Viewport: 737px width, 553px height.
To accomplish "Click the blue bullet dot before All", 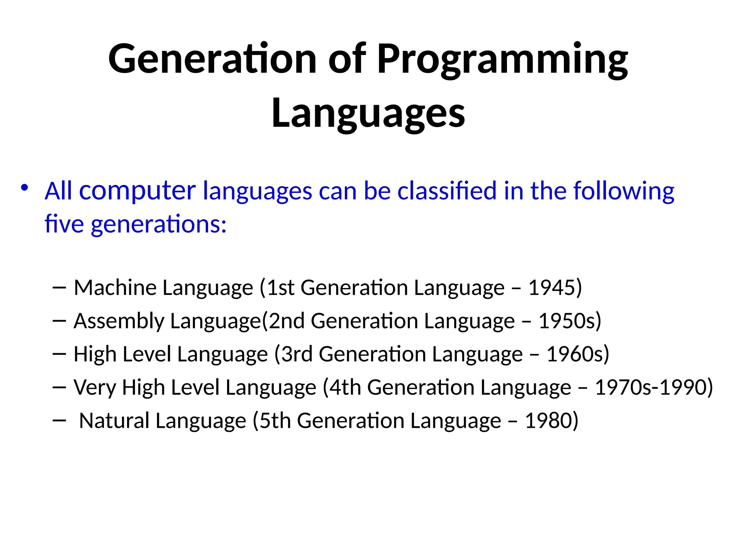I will pyautogui.click(x=24, y=188).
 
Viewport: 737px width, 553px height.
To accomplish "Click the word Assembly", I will pyautogui.click(x=119, y=321).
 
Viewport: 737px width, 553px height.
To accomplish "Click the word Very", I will pyautogui.click(x=95, y=388).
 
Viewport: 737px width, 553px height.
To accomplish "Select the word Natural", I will pyautogui.click(x=114, y=421).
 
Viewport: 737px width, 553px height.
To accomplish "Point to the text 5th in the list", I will pyautogui.click(x=275, y=421).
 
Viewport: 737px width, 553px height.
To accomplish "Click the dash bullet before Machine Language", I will pyautogui.click(x=59, y=288).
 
